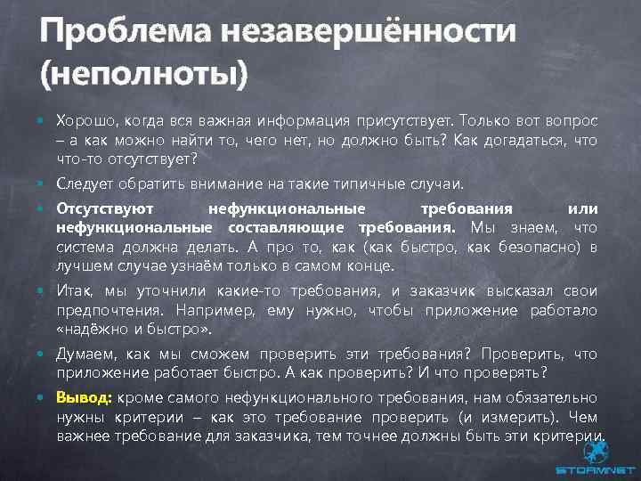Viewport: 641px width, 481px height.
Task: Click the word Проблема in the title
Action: (112, 33)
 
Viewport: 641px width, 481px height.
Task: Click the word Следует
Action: (83, 183)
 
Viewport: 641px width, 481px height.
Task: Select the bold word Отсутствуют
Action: (104, 208)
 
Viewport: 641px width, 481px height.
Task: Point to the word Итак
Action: (74, 291)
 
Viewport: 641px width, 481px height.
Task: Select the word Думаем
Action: (82, 355)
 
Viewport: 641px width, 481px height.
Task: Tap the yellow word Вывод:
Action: (82, 398)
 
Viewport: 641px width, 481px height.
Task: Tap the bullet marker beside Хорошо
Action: (43, 121)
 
